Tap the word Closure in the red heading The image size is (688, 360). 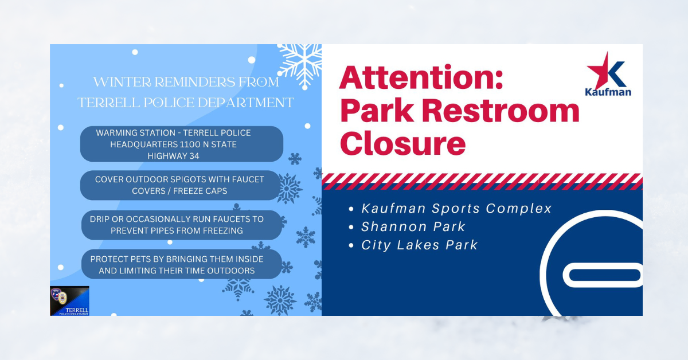coord(402,143)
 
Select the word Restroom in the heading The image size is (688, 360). coord(501,111)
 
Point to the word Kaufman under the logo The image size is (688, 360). coord(608,92)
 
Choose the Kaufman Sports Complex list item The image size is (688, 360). coord(456,208)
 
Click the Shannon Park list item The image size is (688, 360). coord(413,226)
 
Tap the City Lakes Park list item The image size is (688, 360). coord(419,245)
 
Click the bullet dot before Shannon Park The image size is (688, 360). coord(351,228)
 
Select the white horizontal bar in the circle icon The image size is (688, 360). coord(603,275)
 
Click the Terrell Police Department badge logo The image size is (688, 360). coord(70,301)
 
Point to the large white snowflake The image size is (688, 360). coord(301,65)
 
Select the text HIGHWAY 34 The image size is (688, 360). coord(173,156)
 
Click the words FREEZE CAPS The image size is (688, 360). coord(200,191)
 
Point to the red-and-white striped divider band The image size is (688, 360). coord(482,181)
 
